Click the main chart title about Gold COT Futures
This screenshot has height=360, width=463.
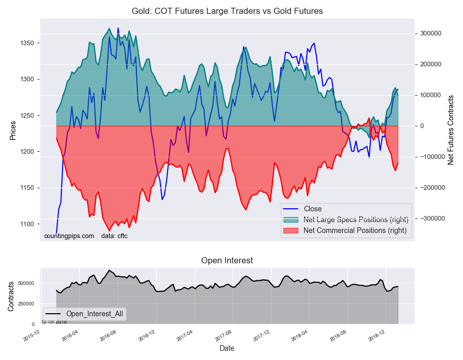[x=227, y=11]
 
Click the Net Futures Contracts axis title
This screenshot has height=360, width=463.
[x=451, y=130]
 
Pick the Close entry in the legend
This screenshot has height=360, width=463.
[x=313, y=209]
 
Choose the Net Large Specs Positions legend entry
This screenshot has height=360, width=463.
[x=354, y=220]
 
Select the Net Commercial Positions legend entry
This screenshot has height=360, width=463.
[x=354, y=230]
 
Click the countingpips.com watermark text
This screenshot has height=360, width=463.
[x=69, y=236]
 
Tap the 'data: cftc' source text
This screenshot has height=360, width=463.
[x=114, y=236]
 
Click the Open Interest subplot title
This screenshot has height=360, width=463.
[x=227, y=261]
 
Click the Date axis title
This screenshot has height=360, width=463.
[x=227, y=348]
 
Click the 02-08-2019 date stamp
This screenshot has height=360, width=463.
[x=54, y=321]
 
